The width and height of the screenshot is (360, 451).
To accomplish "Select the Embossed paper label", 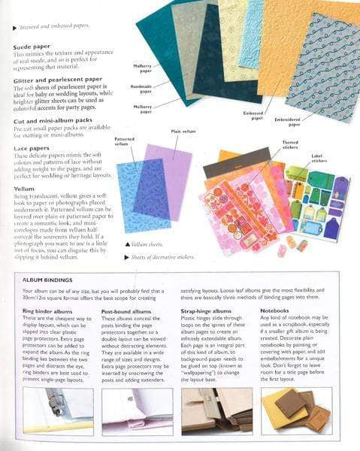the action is point(252,114).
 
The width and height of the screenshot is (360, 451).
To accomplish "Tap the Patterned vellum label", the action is point(124,141).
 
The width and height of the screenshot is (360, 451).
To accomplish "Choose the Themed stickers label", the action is point(289,144).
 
